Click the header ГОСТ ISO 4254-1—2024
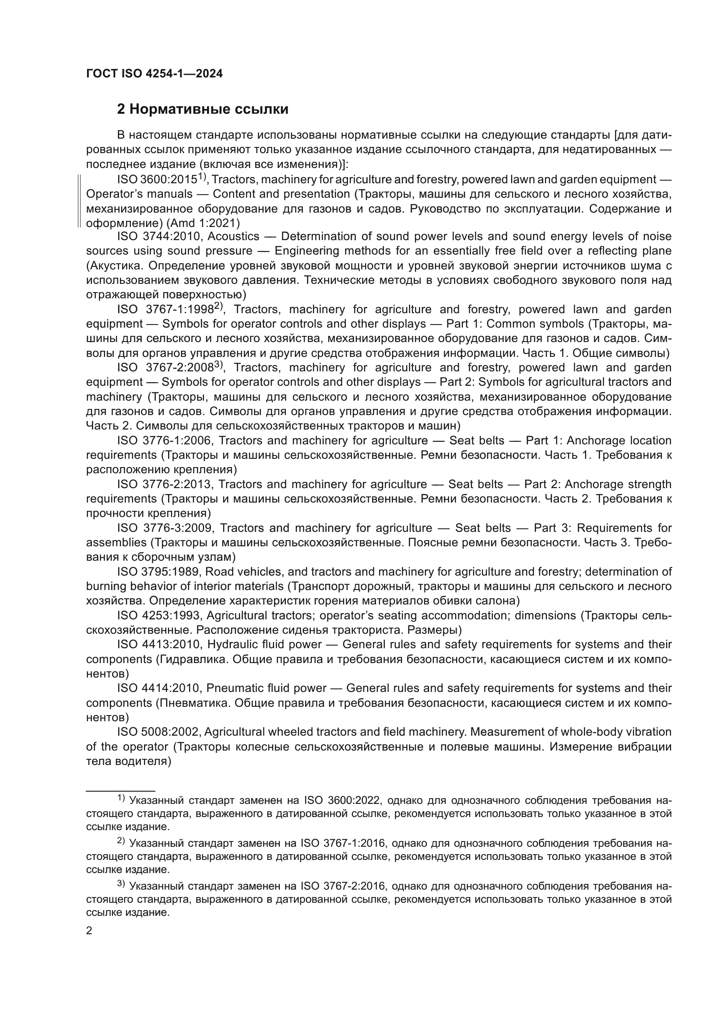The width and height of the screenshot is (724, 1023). click(154, 74)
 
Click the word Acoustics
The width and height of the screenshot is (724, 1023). click(233, 236)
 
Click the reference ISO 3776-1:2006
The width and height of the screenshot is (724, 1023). click(165, 441)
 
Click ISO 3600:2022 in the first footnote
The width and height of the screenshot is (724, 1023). click(342, 801)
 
